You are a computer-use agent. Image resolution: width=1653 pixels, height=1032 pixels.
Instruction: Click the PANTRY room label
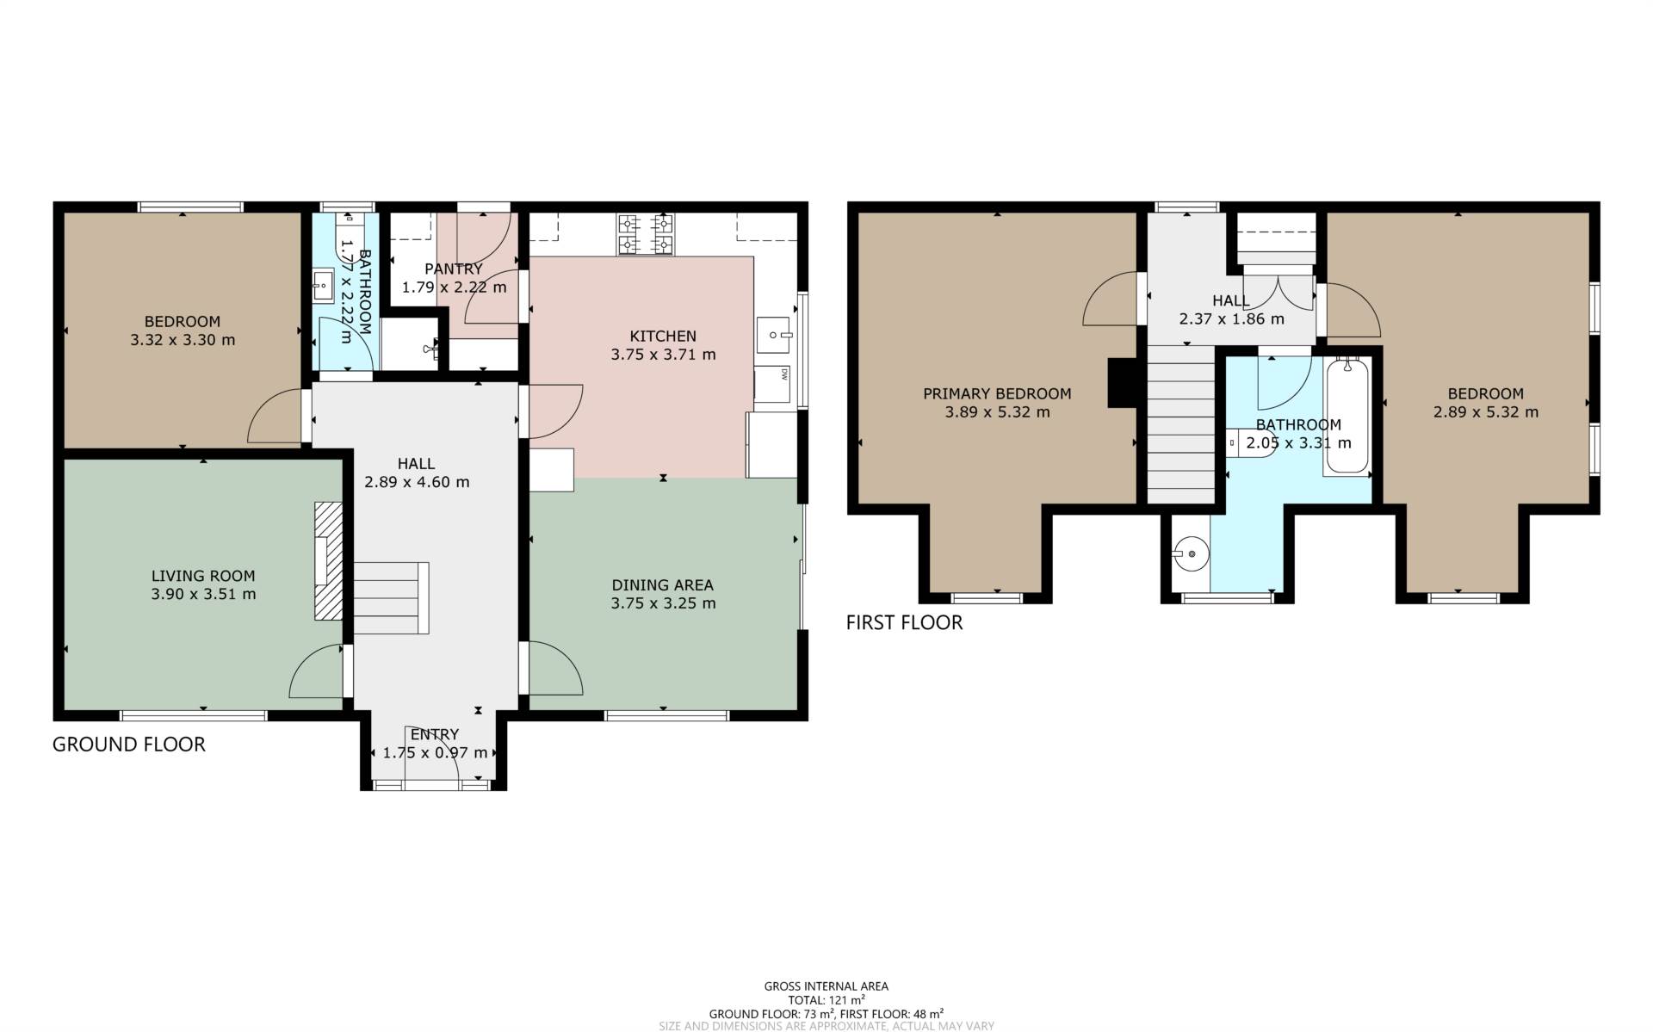coord(454,269)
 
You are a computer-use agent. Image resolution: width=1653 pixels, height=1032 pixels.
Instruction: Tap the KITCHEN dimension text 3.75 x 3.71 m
coord(663,354)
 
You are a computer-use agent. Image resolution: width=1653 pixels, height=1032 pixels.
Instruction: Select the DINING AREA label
coord(663,585)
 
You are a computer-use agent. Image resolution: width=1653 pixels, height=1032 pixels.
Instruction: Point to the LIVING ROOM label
coord(203,576)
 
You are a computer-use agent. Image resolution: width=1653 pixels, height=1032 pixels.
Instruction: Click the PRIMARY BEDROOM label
coord(997,393)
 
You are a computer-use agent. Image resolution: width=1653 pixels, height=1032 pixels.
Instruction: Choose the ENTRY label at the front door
coord(435,734)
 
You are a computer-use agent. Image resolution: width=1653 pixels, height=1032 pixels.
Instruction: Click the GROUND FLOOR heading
coord(129,745)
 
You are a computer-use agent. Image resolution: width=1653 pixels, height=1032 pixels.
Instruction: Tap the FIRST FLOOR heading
coord(904,622)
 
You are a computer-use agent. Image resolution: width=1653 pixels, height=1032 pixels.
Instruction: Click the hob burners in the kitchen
coord(645,235)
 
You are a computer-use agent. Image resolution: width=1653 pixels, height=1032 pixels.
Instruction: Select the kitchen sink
coord(775,335)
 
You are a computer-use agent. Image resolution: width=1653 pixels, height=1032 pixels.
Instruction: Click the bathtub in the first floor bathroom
coord(1347,417)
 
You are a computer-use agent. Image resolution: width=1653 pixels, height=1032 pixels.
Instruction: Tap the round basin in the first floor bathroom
coord(1192,553)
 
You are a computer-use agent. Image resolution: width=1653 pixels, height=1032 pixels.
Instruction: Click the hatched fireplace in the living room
coord(328,561)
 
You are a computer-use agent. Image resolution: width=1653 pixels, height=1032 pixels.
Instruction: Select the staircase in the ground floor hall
coord(392,598)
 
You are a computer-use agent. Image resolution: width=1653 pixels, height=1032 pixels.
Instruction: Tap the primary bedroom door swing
coord(1111,299)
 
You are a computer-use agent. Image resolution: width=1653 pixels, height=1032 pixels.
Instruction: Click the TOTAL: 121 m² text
coord(826,1000)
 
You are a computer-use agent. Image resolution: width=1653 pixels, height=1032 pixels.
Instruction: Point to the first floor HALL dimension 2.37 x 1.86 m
coord(1231,318)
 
